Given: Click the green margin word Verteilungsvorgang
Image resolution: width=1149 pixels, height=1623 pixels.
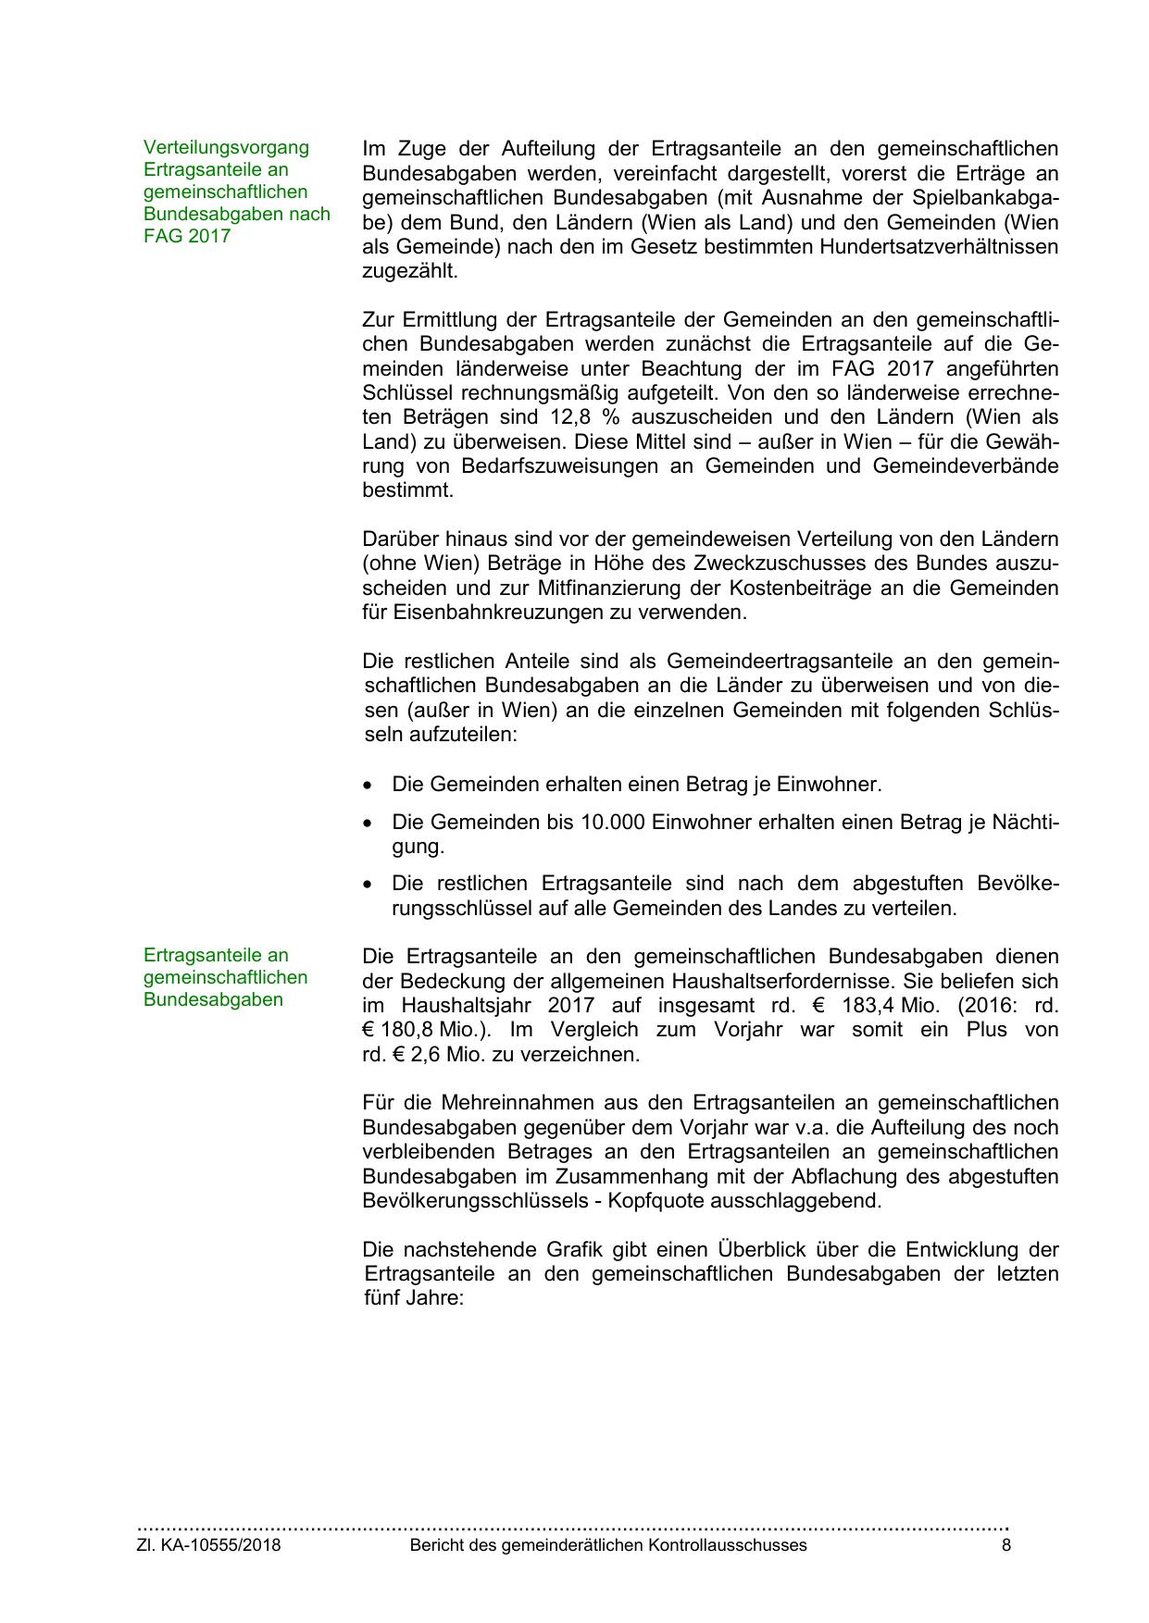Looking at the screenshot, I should click(x=226, y=147).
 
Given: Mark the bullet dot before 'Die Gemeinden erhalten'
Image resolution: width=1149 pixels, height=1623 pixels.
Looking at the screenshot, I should click(x=369, y=786).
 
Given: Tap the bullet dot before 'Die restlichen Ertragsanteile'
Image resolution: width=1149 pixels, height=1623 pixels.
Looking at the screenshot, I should click(x=369, y=885).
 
